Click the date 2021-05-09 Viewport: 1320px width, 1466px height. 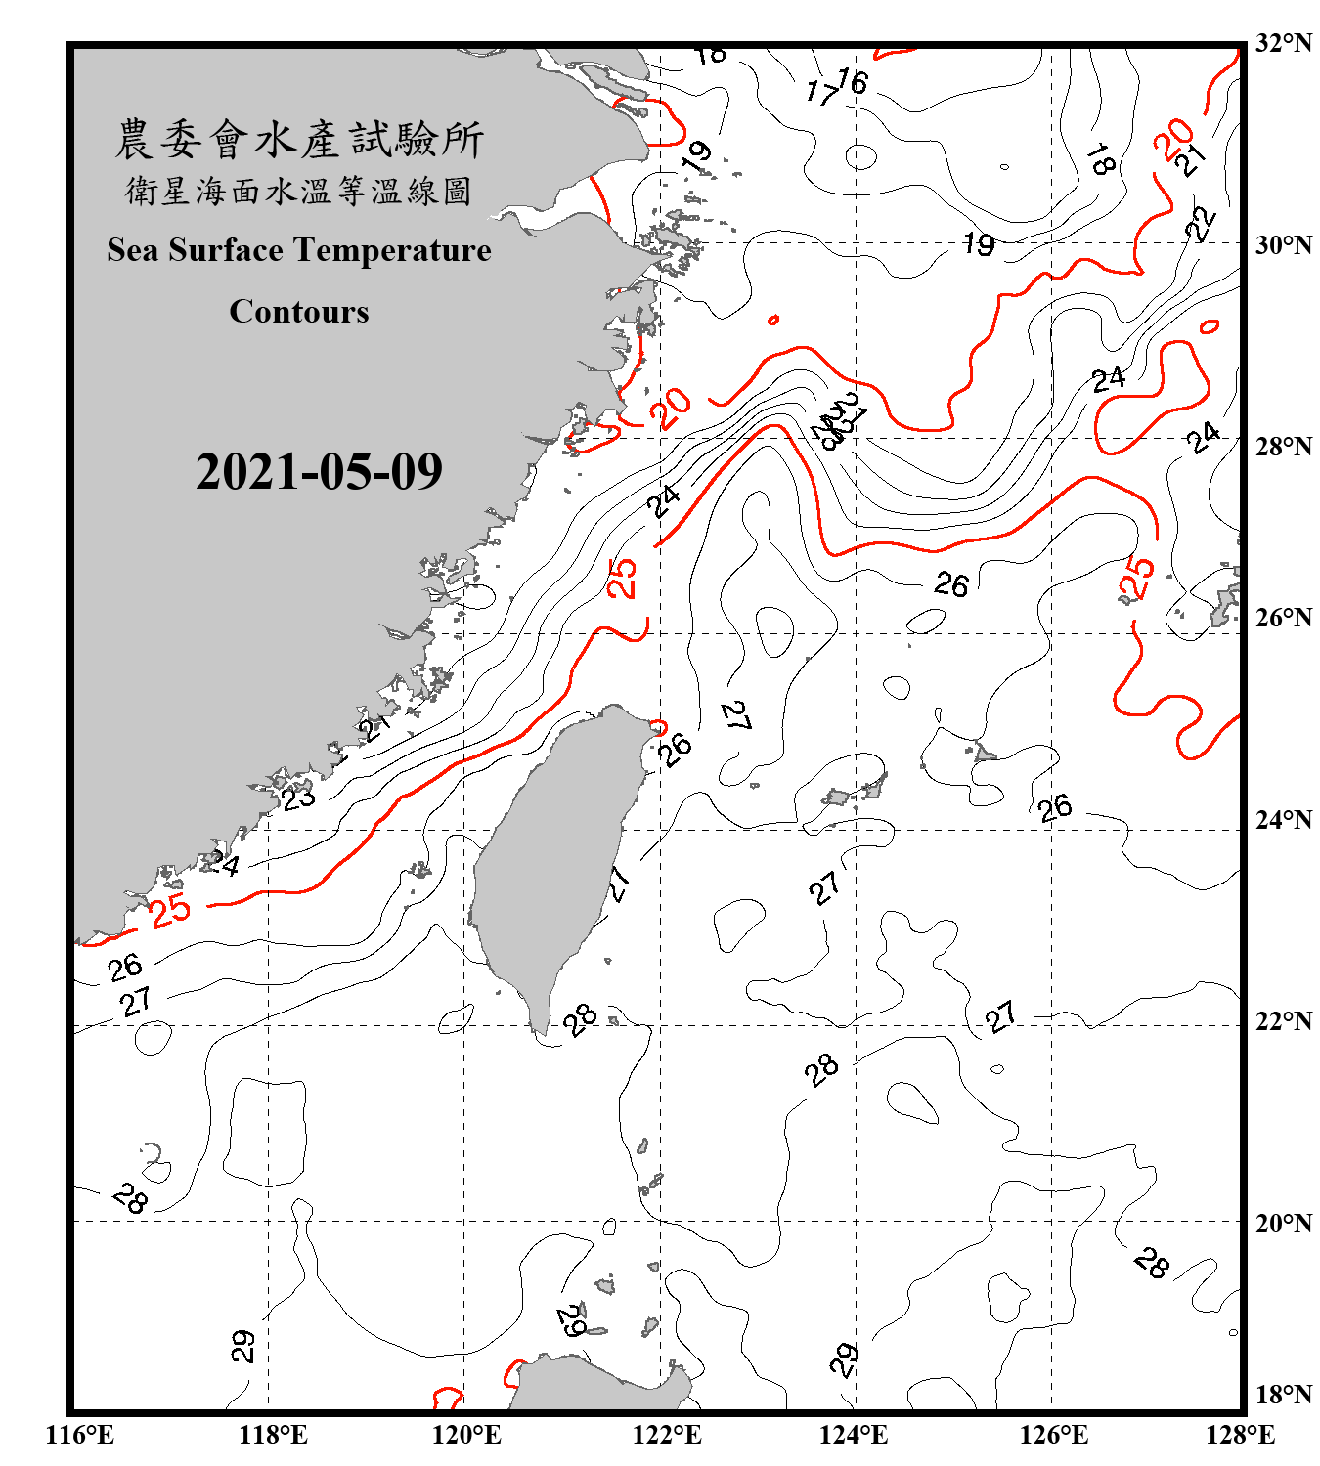319,472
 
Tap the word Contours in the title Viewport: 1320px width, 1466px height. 299,312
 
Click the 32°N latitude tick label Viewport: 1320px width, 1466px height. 1283,43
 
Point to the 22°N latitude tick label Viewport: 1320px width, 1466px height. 1283,1021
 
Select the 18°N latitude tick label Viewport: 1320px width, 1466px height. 1283,1395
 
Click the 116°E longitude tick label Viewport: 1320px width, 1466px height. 80,1435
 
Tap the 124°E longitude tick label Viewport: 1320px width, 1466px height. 854,1435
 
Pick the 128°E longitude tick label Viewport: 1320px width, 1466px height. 1240,1435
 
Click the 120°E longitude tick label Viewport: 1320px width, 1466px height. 466,1435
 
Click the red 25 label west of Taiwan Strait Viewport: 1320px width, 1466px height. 170,910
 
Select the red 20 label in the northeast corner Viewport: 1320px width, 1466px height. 1172,138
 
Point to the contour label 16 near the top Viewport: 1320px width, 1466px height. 853,81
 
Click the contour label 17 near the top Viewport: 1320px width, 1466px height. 821,93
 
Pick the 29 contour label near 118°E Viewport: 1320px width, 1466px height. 243,1346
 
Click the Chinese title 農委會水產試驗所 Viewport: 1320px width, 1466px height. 299,140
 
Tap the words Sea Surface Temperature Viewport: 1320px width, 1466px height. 299,250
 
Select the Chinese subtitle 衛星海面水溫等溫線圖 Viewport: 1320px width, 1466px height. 299,191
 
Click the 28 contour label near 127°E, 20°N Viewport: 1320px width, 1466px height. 1151,1263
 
